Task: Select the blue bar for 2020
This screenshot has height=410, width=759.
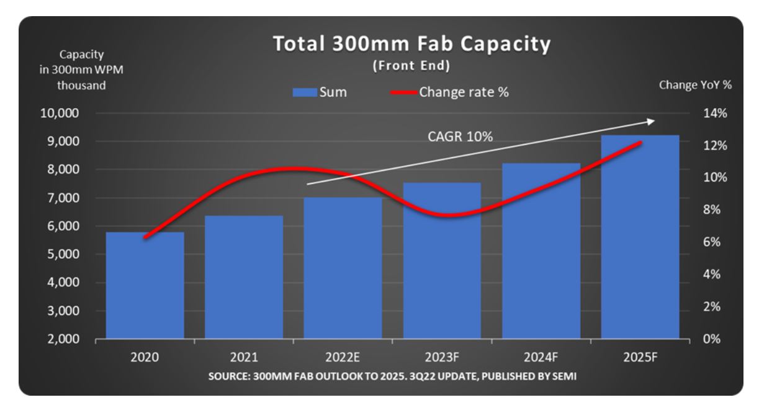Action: click(145, 286)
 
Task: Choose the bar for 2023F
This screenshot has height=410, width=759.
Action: click(442, 261)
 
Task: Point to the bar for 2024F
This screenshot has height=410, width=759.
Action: click(541, 252)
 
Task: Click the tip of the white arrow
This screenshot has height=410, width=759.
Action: click(653, 120)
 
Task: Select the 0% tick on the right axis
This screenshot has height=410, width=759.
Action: click(711, 339)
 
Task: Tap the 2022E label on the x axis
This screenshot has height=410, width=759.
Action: click(343, 358)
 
